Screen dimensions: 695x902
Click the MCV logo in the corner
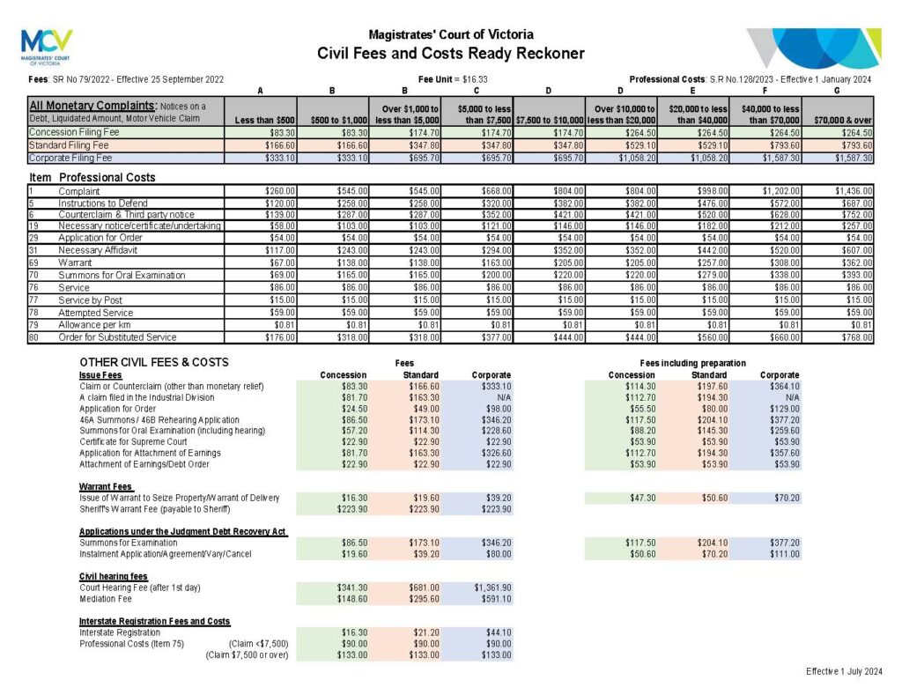[46, 47]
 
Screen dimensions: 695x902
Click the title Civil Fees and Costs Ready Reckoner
[450, 54]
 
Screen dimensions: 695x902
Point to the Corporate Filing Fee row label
[70, 158]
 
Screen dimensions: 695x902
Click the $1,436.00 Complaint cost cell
[852, 190]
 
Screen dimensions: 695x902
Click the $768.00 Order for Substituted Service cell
[855, 336]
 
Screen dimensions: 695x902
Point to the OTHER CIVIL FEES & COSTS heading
[153, 362]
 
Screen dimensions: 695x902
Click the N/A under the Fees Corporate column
[500, 397]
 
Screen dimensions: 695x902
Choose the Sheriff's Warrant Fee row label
[154, 509]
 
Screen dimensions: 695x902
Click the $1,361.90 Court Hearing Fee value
[492, 587]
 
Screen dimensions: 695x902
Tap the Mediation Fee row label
[106, 599]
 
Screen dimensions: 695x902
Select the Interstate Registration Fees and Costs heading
[154, 621]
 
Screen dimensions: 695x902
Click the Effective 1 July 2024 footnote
[844, 672]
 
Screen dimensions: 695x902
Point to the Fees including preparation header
[693, 363]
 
